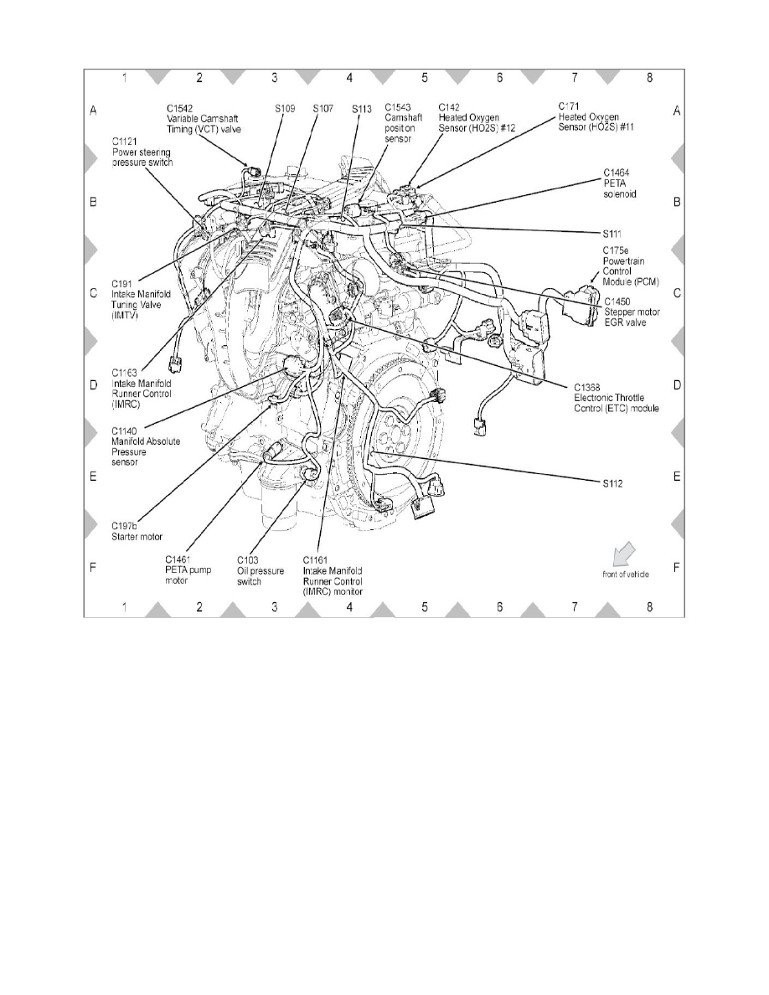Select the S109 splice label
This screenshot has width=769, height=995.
pos(285,109)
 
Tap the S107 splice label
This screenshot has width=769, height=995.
pos(323,109)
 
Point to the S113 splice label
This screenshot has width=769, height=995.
pos(362,109)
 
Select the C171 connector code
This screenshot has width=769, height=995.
pos(570,106)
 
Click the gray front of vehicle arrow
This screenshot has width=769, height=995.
pos(625,554)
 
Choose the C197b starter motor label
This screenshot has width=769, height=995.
pos(137,530)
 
